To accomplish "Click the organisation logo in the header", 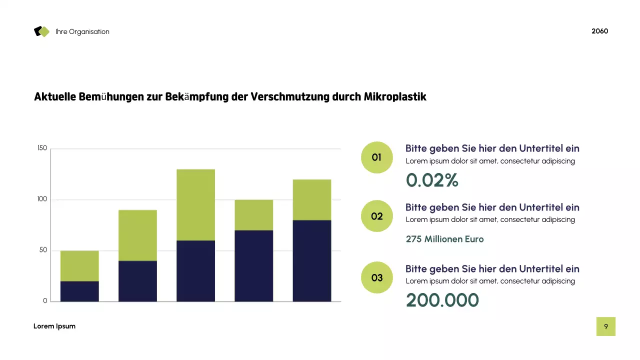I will click(x=42, y=31).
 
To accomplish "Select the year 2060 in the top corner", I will click(x=599, y=31).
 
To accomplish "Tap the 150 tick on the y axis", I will click(x=42, y=148).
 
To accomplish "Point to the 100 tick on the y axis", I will click(x=42, y=199).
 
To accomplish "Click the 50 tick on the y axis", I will click(x=43, y=250).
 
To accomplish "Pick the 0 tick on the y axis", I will click(x=45, y=301).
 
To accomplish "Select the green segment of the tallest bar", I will click(x=195, y=204).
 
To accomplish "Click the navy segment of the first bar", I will click(x=79, y=291).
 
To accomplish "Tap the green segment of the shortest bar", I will click(x=79, y=265).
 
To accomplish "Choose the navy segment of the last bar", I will click(x=311, y=260).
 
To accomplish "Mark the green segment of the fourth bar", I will click(x=253, y=215).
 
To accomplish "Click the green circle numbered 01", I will click(x=376, y=157).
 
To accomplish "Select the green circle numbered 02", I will click(x=376, y=216).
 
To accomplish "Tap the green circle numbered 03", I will click(x=376, y=277).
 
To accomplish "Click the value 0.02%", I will click(x=432, y=180).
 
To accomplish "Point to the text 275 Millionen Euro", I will click(x=444, y=239).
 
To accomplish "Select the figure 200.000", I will click(x=442, y=300).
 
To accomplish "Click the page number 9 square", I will click(x=605, y=326).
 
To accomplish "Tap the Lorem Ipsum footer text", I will click(x=54, y=326).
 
